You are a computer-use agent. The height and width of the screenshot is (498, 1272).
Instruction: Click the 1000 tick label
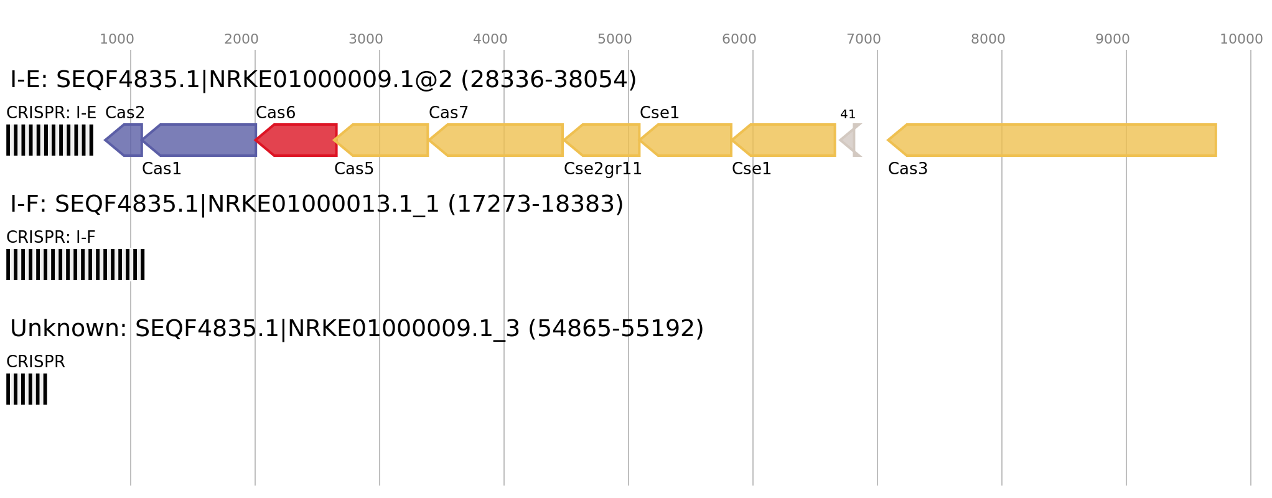coord(116,39)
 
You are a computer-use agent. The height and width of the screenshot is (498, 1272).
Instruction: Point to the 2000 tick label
coord(241,39)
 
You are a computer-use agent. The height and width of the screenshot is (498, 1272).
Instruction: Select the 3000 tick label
coord(365,39)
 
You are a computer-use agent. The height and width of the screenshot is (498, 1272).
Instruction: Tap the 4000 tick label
coord(490,39)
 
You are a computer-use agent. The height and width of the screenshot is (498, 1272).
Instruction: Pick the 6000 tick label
coord(739,39)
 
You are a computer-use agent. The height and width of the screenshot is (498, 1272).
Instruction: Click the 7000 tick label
coord(863,39)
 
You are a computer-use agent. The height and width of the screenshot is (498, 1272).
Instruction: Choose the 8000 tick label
coord(988,39)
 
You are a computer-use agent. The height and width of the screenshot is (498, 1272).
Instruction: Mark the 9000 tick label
coord(1112,39)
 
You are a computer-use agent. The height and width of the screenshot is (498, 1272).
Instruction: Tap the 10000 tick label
coord(1241,39)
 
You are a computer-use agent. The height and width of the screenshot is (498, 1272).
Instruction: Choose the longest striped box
coord(75,265)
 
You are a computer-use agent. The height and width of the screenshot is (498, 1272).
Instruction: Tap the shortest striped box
coord(27,389)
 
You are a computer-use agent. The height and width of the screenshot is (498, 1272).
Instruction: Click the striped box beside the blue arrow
coord(50,140)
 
